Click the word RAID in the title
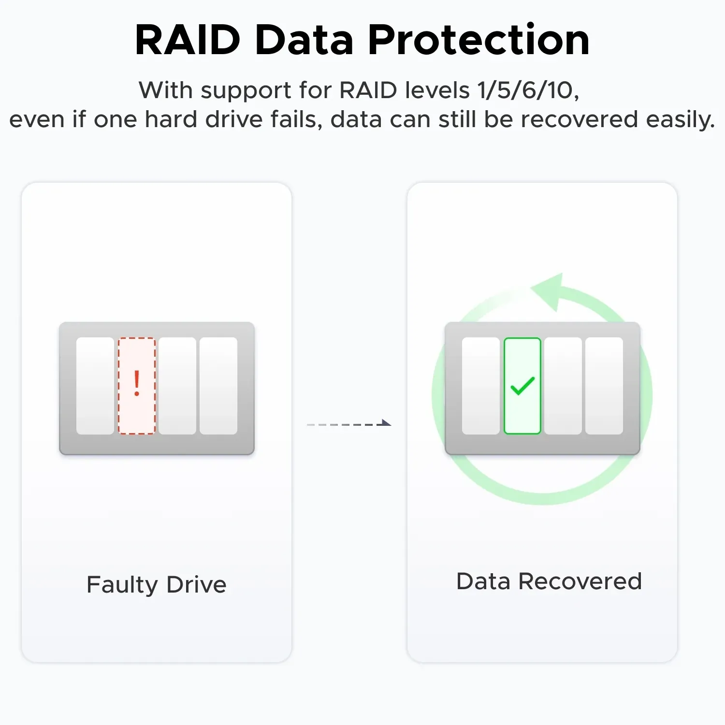point(188,40)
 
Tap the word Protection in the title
point(478,40)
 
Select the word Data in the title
point(304,40)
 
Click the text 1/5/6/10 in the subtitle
point(525,90)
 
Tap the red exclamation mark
point(137,384)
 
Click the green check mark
point(522,386)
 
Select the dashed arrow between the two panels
point(349,424)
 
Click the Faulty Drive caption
point(157,584)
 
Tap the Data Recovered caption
point(549,581)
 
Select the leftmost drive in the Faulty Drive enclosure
point(95,386)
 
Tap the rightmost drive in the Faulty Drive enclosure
point(218,386)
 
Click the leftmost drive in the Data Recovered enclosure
point(481,386)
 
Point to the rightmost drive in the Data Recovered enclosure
point(604,386)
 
